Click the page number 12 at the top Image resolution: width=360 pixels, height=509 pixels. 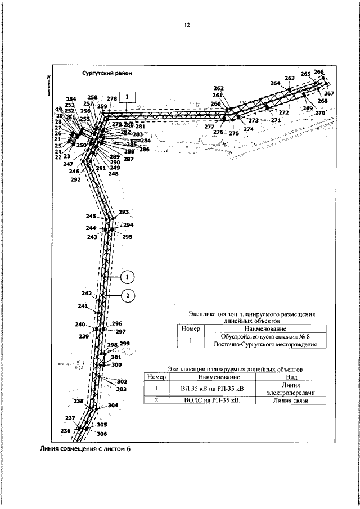pyautogui.click(x=187, y=25)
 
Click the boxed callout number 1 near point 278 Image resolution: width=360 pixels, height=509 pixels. pyautogui.click(x=128, y=96)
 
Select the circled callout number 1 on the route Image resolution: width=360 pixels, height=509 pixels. pyautogui.click(x=128, y=277)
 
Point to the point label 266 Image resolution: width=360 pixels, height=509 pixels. pyautogui.click(x=319, y=72)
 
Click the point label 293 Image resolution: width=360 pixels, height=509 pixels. pyautogui.click(x=124, y=212)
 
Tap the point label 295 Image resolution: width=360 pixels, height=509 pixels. pyautogui.click(x=127, y=237)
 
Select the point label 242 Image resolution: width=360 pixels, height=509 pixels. pyautogui.click(x=86, y=294)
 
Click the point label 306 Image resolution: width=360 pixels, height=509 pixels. pyautogui.click(x=102, y=434)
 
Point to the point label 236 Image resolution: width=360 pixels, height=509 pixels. pyautogui.click(x=65, y=430)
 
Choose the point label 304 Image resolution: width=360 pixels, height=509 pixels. pyautogui.click(x=113, y=406)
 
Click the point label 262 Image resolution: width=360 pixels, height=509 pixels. pyautogui.click(x=219, y=88)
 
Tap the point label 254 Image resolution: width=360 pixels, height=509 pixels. pyautogui.click(x=71, y=98)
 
